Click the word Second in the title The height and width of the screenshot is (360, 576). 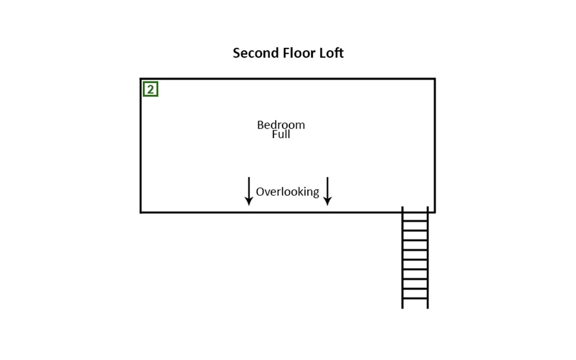(x=256, y=53)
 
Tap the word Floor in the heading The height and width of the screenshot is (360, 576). (x=299, y=53)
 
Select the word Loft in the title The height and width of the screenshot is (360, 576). (x=332, y=53)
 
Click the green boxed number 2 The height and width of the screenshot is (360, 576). (x=150, y=89)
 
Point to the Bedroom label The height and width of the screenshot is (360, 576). (x=281, y=125)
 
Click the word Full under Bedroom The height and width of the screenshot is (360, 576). (x=281, y=134)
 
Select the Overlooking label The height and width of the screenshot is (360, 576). (x=288, y=192)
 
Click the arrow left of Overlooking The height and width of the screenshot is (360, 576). (x=249, y=191)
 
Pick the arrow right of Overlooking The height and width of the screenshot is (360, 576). (x=327, y=191)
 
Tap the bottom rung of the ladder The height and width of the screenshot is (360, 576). (x=415, y=298)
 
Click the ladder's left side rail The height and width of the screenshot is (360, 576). (x=402, y=257)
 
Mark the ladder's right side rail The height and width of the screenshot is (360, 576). (x=428, y=257)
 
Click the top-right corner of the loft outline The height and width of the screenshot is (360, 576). (x=435, y=79)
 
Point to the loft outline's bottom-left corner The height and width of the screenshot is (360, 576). (x=141, y=212)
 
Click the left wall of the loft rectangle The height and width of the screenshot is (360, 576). (x=141, y=145)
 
